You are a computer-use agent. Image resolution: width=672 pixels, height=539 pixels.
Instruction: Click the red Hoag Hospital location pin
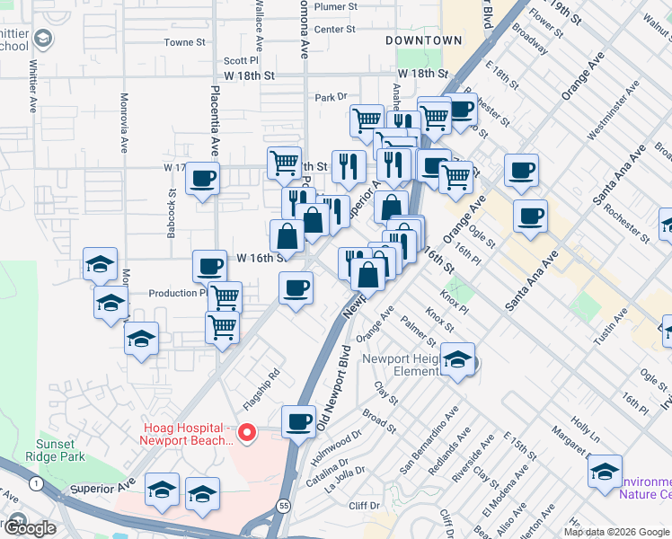point(250,435)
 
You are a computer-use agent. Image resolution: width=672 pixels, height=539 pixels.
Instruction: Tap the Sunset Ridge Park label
point(60,450)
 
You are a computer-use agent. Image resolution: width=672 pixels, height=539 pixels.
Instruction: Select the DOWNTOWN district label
point(423,40)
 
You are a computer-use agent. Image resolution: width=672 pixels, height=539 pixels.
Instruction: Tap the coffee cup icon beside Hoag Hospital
point(298,420)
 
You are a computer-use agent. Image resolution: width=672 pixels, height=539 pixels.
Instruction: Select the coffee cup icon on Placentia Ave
point(204,176)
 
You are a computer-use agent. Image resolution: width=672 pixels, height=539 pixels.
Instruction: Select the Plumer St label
point(336,6)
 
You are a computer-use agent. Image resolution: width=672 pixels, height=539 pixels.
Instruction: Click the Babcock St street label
point(171,213)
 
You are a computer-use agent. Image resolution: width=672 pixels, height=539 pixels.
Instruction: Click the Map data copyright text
point(615,532)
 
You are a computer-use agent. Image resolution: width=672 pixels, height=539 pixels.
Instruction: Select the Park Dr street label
point(331,97)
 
